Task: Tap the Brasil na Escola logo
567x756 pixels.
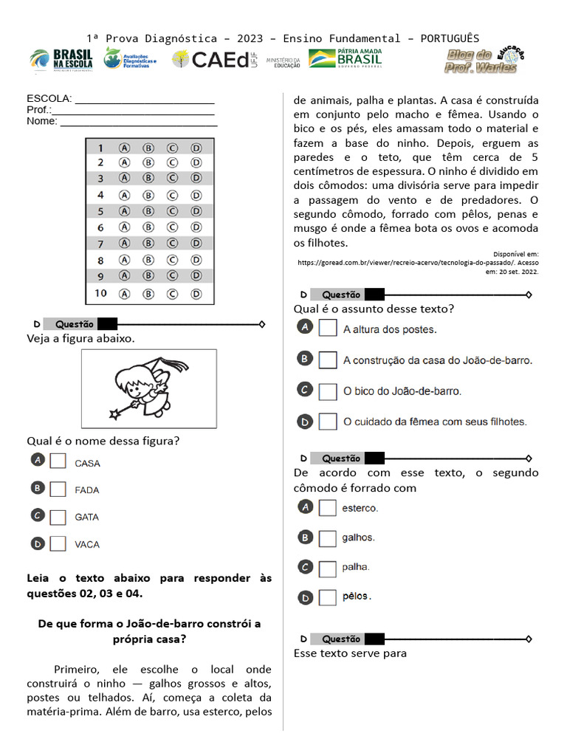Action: (62, 61)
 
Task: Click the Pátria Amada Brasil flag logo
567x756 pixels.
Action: (346, 58)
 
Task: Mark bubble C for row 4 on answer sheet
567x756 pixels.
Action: (172, 196)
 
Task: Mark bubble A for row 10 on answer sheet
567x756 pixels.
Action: (124, 293)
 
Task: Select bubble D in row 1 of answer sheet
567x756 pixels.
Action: (196, 148)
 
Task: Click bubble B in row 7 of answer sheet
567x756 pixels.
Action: (148, 243)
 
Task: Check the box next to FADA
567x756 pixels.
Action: (58, 489)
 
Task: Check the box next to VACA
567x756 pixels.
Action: (58, 544)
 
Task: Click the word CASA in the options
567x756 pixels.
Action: (87, 464)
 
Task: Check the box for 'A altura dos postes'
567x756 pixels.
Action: (328, 328)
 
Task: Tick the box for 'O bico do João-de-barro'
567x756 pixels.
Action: (328, 391)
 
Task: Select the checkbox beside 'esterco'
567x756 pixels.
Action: (328, 508)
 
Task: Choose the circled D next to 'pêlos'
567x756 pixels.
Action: (305, 597)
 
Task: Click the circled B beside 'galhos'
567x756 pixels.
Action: (305, 537)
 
